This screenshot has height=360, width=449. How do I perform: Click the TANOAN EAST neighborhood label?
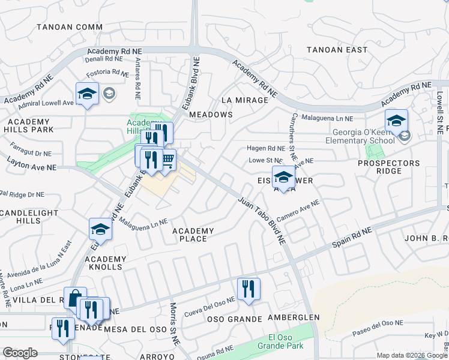(x=337, y=50)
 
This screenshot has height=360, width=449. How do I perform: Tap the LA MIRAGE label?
(x=244, y=100)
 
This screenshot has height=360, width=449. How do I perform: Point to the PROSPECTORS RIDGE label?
(x=388, y=167)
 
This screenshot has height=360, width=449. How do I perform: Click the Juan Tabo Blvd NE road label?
(x=262, y=220)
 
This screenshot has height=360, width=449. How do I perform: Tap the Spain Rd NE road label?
(x=352, y=238)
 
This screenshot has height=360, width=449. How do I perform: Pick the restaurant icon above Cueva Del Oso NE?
(x=247, y=289)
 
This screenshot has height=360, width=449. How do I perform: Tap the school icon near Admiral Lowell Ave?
(x=87, y=94)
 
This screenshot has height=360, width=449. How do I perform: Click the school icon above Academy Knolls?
(x=101, y=229)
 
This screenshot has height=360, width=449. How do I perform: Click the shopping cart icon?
(x=167, y=159)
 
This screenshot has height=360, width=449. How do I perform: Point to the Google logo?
(x=20, y=353)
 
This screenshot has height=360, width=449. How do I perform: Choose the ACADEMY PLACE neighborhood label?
(x=193, y=235)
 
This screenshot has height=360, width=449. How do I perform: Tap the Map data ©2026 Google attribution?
(x=411, y=355)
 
